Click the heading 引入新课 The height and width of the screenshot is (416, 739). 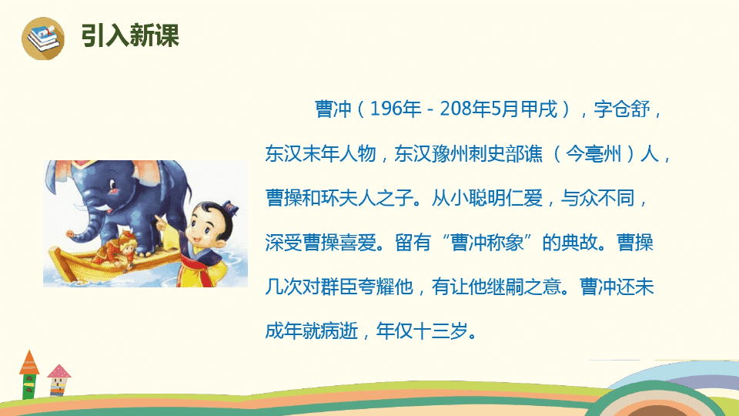(x=130, y=35)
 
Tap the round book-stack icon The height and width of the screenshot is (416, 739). (x=43, y=39)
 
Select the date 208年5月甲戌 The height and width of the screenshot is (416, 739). (x=499, y=109)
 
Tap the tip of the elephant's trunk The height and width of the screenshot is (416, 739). (x=70, y=233)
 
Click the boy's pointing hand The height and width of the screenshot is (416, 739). (x=162, y=222)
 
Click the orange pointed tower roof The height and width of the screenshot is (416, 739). (x=29, y=362)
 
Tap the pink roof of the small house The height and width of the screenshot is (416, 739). (x=59, y=371)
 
